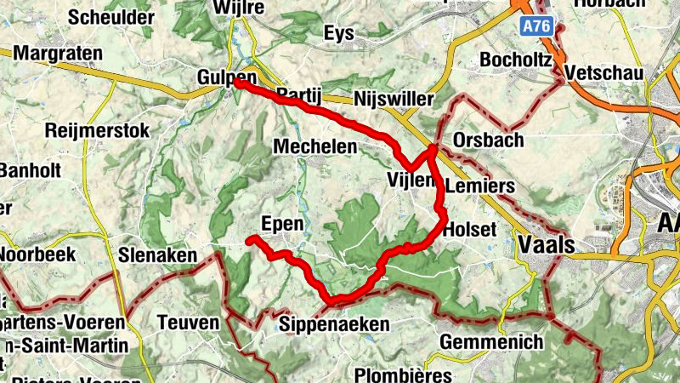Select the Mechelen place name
point(314,146)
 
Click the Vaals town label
point(545,245)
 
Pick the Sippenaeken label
point(335,324)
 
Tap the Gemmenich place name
point(492,342)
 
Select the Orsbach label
point(489,140)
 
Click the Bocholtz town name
point(516,60)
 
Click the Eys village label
point(339,33)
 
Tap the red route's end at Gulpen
point(239,83)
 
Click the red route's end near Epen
point(250,241)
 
